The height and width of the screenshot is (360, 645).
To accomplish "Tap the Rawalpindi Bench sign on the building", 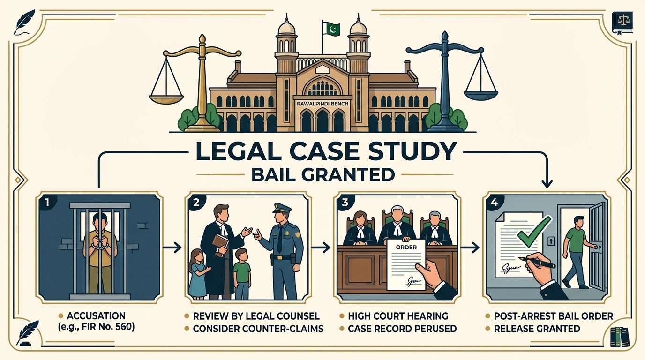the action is point(322,104).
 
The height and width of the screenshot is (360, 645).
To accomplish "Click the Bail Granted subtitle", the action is point(323,174).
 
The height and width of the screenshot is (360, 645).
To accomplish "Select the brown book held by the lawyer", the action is point(221,245).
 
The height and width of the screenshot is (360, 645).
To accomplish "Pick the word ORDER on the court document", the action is point(406,247).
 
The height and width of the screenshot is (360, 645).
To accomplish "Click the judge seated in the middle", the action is point(398,227).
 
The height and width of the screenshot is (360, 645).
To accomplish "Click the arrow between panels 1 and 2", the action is point(172,247).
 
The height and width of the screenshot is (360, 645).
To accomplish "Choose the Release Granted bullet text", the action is point(537,329).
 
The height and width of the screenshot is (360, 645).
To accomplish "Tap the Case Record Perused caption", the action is point(402,329).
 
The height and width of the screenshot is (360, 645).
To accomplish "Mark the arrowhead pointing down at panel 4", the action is point(547,184).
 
